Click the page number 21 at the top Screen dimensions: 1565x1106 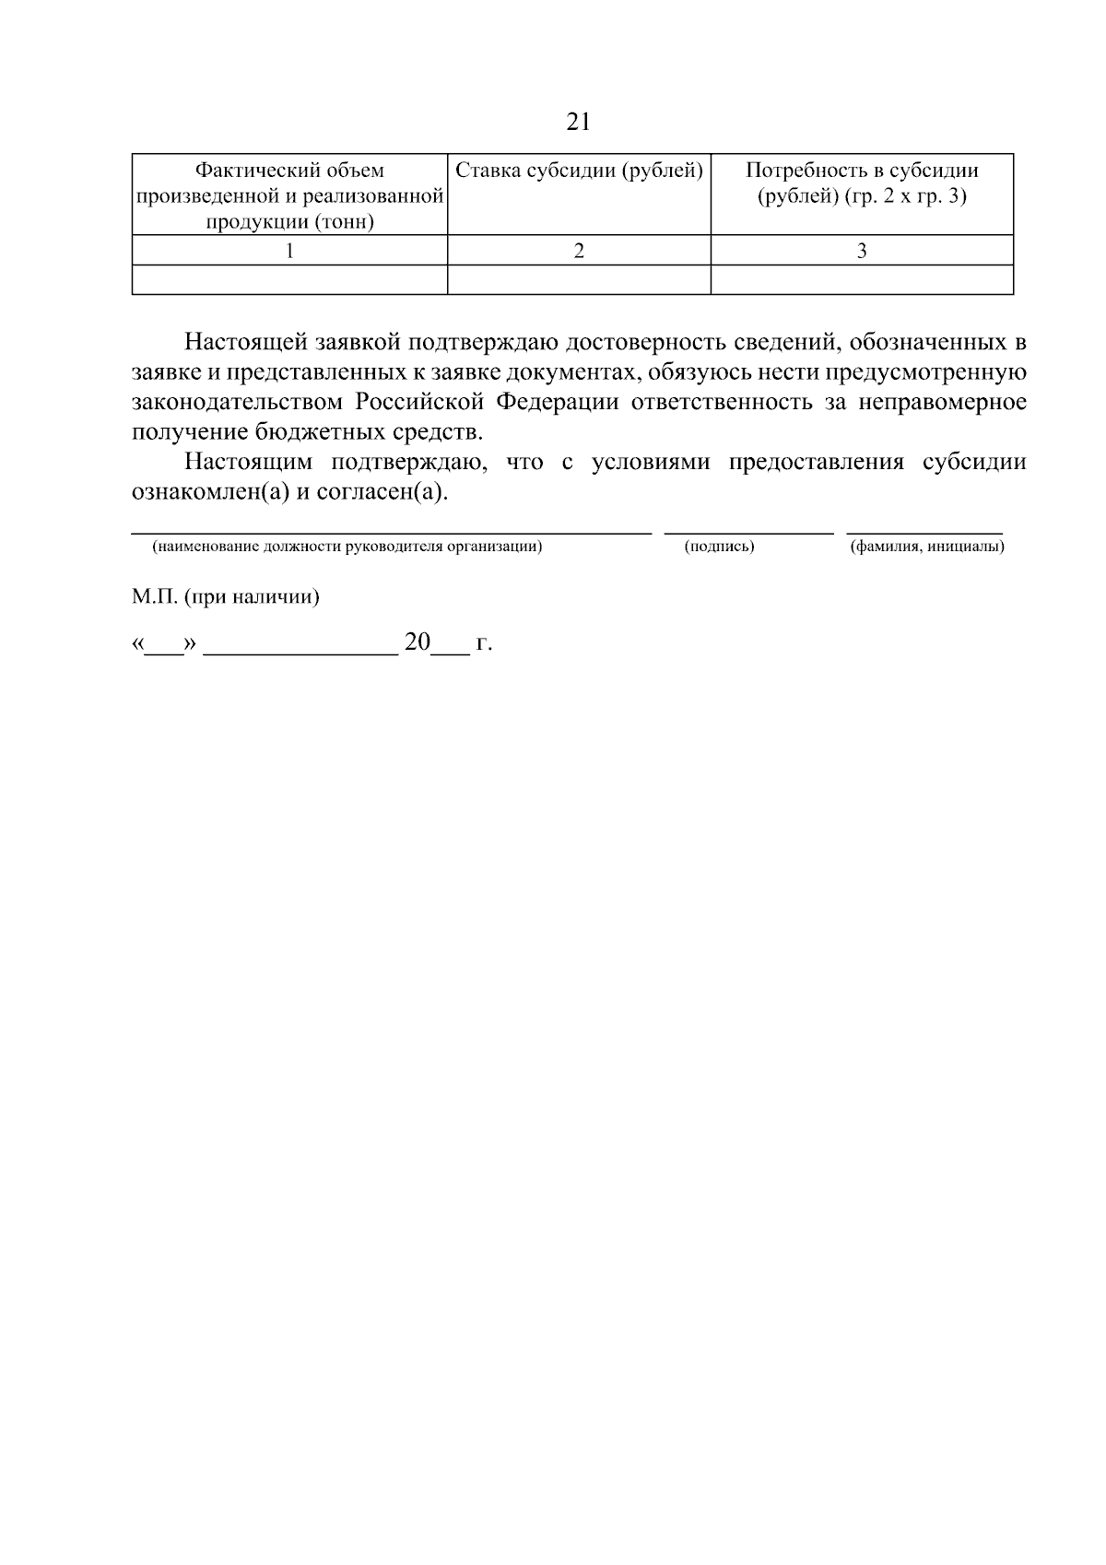point(578,123)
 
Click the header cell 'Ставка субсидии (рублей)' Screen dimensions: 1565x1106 point(579,171)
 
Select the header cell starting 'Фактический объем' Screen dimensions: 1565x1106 point(289,195)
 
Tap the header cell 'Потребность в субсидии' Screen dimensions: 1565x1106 point(862,183)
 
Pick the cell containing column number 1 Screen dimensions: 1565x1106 point(289,251)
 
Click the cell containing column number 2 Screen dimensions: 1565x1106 point(579,251)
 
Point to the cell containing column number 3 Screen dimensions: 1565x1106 point(862,251)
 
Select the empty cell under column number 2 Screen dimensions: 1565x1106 point(579,279)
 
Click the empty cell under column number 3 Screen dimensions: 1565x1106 point(862,279)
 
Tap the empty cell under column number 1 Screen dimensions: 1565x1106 point(289,279)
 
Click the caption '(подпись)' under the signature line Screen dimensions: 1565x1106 point(719,547)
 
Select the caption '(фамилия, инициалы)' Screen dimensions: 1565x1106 point(926,547)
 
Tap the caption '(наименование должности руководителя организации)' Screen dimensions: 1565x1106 point(347,547)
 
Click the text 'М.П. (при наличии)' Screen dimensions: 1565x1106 point(225,597)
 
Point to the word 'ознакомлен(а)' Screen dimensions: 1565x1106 point(205,492)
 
